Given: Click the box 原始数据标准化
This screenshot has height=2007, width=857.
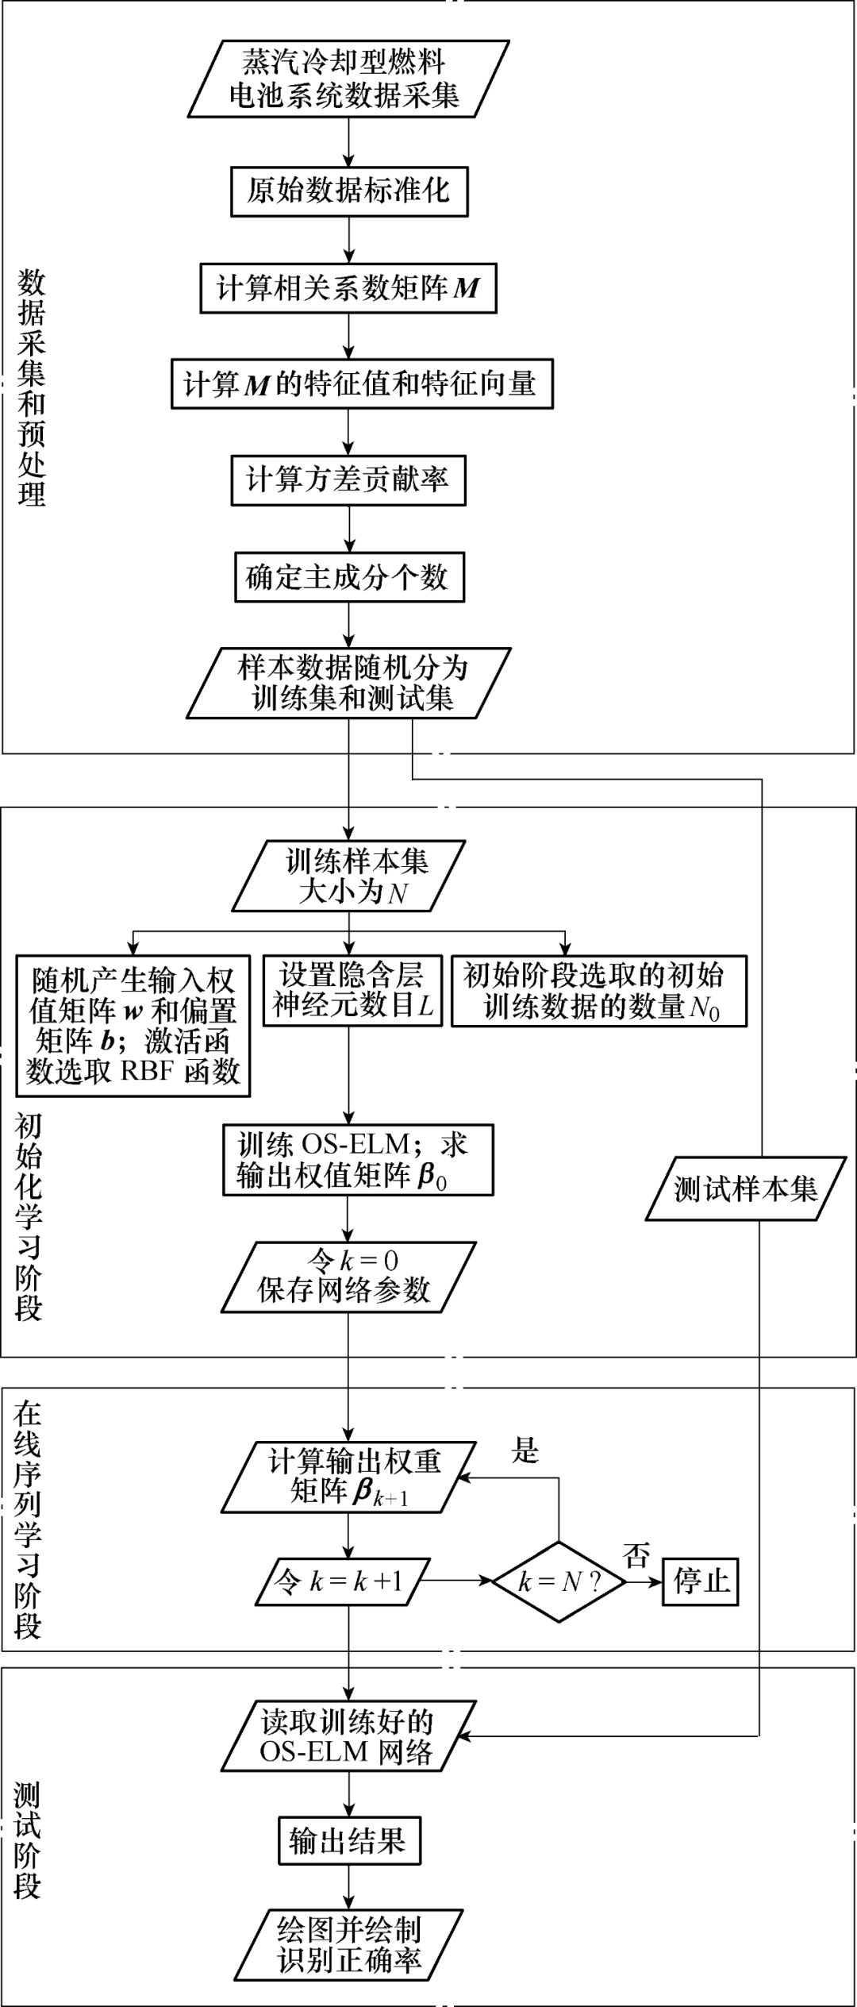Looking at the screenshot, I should point(349,191).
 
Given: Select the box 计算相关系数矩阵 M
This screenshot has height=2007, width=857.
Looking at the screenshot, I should point(348,287).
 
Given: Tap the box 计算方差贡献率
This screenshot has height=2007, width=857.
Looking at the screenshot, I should point(348,480).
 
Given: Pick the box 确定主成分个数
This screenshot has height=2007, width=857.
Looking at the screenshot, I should point(349,577).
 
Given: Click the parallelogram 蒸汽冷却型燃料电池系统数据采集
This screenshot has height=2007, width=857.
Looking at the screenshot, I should point(346,79).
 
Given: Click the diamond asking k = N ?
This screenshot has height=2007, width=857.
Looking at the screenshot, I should point(559,1581).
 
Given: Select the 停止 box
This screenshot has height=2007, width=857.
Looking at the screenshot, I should point(701,1581).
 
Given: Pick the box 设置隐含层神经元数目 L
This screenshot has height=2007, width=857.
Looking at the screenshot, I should point(352,990).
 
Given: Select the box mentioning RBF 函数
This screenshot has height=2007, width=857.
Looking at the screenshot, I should point(133,1026).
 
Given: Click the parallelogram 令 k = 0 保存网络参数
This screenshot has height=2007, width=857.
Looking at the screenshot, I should point(348,1277).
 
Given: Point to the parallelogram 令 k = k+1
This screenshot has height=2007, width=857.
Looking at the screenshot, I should point(341,1581).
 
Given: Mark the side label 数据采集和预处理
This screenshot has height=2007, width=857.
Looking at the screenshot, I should point(32,389).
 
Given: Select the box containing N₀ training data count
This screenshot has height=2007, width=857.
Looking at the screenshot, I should point(599,991).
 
